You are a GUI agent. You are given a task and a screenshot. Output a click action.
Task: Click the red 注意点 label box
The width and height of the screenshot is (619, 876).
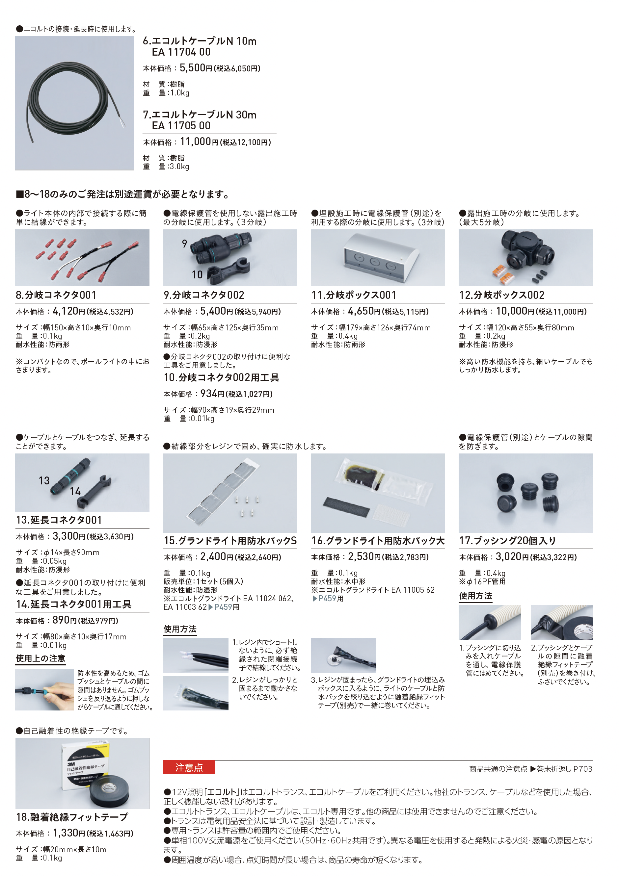click(189, 767)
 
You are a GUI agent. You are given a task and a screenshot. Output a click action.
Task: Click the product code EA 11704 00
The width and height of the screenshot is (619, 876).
click(181, 52)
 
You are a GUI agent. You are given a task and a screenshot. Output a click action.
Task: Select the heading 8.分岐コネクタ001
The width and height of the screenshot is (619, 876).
click(56, 295)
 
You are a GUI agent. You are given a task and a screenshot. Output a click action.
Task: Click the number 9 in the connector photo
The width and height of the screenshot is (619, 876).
click(185, 244)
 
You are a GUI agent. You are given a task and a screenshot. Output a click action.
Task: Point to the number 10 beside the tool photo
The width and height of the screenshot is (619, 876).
click(197, 275)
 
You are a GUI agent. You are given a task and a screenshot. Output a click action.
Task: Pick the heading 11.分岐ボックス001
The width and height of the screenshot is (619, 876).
click(354, 295)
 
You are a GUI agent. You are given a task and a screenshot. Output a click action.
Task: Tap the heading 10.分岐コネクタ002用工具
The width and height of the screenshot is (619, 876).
click(221, 377)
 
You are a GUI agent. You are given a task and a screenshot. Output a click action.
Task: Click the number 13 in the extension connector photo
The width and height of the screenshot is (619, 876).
click(44, 481)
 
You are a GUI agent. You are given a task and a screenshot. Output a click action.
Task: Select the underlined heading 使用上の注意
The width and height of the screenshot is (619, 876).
click(40, 658)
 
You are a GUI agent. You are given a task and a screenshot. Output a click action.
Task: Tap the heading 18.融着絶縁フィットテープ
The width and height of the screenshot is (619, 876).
click(72, 817)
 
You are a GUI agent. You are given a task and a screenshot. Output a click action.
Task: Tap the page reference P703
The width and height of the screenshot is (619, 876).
click(583, 769)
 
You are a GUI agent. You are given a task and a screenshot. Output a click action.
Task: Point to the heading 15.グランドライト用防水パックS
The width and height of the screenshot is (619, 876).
click(230, 541)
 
